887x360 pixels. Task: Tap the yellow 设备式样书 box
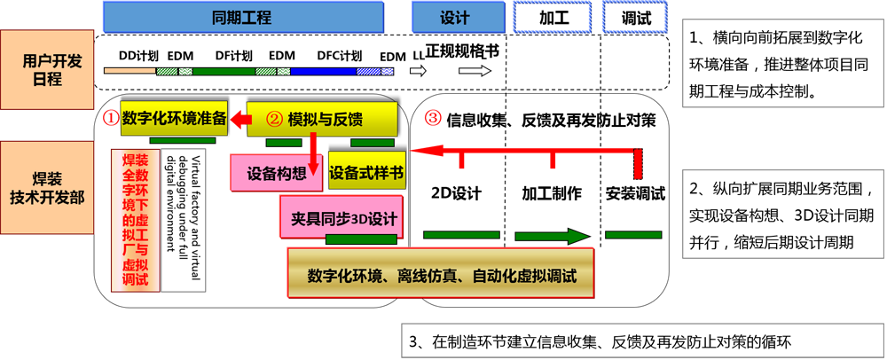(x=366, y=173)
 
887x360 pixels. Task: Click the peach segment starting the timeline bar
(x=130, y=71)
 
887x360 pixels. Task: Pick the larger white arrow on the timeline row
(x=474, y=71)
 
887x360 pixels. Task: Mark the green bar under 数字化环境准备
(x=182, y=140)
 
